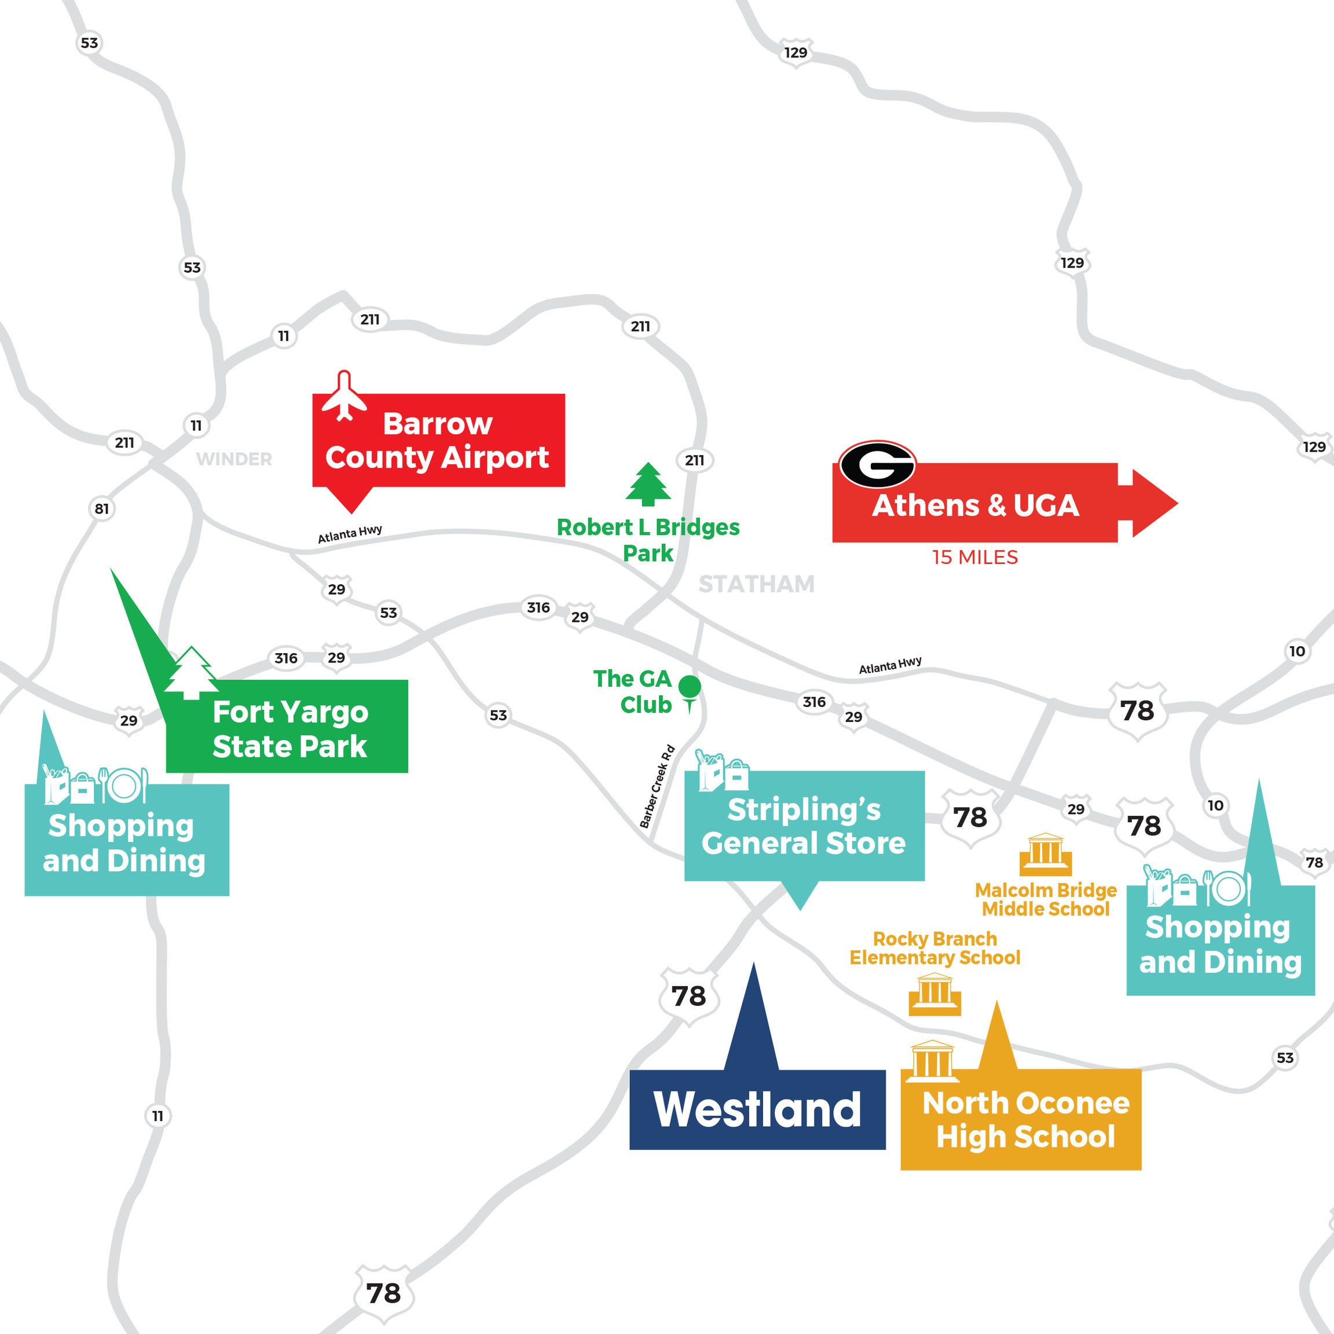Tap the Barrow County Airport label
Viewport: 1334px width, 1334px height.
(438, 441)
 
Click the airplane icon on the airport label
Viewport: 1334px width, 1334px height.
(344, 397)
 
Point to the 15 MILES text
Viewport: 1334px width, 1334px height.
(974, 557)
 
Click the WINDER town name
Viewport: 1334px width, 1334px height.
(234, 459)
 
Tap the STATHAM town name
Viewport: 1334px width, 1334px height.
(756, 584)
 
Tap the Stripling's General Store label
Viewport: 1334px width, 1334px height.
(804, 826)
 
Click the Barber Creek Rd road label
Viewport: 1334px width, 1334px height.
(657, 786)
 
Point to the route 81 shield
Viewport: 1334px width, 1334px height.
(101, 509)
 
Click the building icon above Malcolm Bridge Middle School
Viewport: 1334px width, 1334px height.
(1046, 853)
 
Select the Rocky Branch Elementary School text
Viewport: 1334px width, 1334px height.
(934, 948)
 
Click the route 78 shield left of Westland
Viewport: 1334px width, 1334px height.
(688, 996)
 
